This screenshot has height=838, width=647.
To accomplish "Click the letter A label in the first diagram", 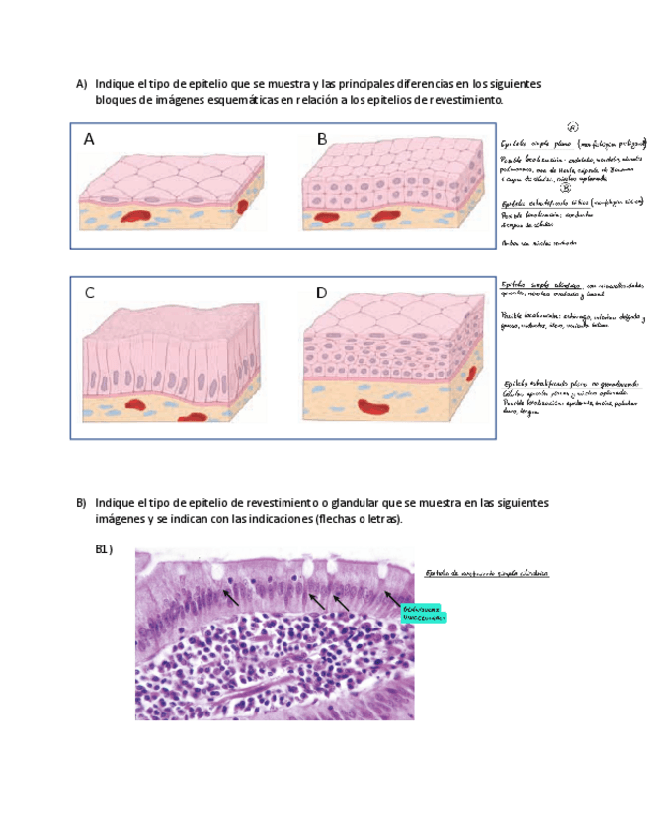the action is point(89,140).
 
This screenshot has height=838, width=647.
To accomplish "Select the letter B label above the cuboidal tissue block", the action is point(322,140).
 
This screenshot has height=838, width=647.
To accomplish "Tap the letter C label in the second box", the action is point(89,293).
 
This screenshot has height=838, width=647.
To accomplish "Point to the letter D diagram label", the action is point(322,293).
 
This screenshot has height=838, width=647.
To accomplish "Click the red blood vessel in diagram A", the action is point(243,207).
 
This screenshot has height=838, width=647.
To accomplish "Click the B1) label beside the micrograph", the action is point(104,549).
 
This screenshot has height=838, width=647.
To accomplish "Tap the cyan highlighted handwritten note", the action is point(424,614).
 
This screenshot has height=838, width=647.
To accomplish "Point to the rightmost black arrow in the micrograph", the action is point(391,597).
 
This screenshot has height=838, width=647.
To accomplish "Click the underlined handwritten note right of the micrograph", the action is point(485,574).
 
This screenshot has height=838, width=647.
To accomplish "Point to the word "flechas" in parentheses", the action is point(334,519).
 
